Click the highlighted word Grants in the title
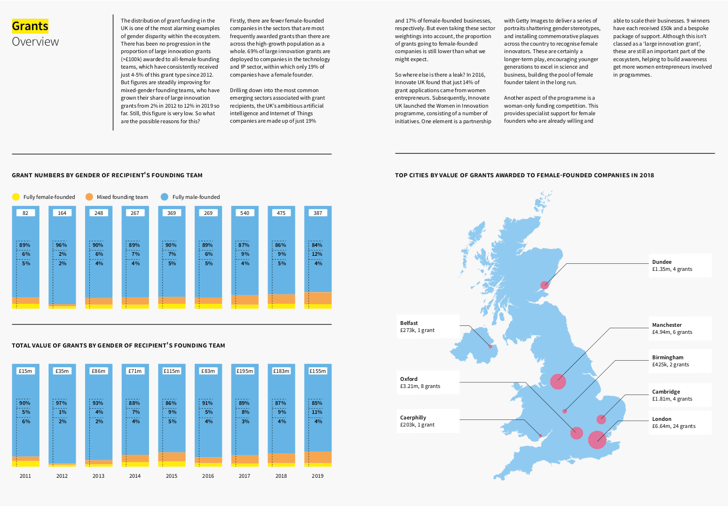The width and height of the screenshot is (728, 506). tap(30, 26)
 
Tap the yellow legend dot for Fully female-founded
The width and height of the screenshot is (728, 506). tap(16, 197)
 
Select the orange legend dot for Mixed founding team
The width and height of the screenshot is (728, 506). tap(89, 197)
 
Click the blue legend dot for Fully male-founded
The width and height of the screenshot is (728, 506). tap(165, 197)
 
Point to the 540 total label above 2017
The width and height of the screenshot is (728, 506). tap(245, 213)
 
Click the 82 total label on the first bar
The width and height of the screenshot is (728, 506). tap(25, 213)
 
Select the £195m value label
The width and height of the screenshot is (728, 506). tap(245, 371)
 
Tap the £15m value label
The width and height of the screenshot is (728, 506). tap(25, 371)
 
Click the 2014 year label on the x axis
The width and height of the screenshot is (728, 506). tap(135, 476)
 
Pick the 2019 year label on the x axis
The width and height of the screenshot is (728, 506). tap(317, 476)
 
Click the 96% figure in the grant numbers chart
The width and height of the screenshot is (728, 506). tap(62, 245)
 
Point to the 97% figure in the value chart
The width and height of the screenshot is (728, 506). tap(62, 403)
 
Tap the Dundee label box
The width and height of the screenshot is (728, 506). tap(680, 265)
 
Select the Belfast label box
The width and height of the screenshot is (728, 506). tap(427, 326)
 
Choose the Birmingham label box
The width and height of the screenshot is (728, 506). tap(680, 361)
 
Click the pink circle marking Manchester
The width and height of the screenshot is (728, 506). tap(558, 381)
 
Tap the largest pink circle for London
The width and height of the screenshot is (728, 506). tap(597, 440)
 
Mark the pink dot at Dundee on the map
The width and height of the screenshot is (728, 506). tap(545, 285)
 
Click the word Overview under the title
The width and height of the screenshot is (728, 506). tap(35, 41)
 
